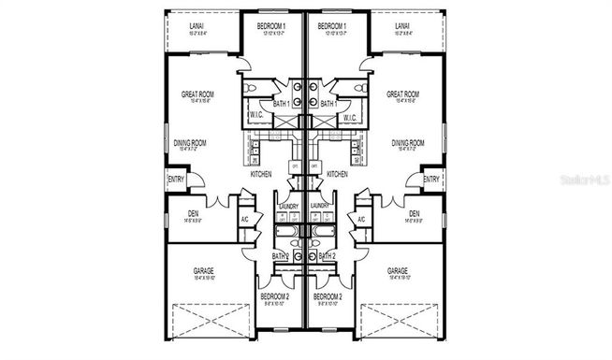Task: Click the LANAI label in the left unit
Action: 197,25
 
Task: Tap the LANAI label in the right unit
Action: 402,25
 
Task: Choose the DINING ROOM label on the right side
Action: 408,143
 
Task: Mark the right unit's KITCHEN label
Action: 337,174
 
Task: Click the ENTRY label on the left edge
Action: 175,179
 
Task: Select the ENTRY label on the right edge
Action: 431,179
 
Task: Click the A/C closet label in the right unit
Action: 360,220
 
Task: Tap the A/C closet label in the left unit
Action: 244,220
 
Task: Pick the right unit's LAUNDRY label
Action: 319,205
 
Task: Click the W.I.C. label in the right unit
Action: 350,118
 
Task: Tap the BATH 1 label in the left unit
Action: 281,105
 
